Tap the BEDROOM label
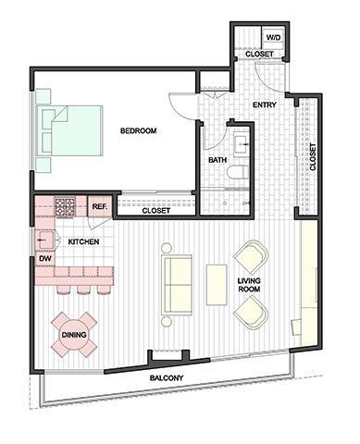click(138, 131)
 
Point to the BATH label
click(217, 160)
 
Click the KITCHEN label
click(83, 241)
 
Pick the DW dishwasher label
click(43, 259)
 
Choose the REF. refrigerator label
click(99, 206)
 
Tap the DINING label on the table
click(74, 335)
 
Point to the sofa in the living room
click(177, 284)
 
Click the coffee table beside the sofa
click(217, 284)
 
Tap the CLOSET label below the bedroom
click(155, 211)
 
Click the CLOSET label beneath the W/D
click(258, 55)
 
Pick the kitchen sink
click(42, 240)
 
